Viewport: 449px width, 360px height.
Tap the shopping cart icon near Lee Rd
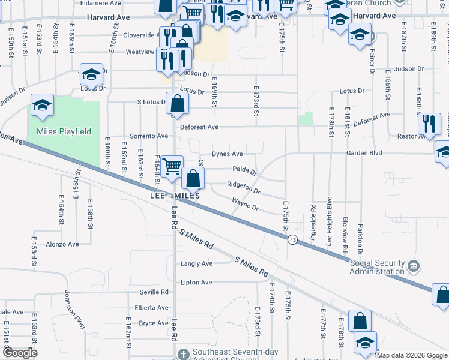[172, 166]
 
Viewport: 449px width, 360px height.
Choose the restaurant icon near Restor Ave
[429, 124]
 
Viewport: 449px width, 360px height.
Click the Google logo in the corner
[20, 353]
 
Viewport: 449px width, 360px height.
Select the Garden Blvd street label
[364, 153]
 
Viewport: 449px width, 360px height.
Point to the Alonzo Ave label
[62, 244]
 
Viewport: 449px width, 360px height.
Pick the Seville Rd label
[154, 292]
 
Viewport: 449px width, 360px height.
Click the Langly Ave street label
[196, 263]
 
